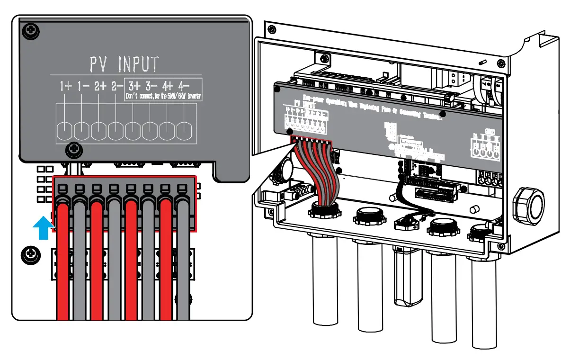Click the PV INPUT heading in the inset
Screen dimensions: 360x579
click(x=125, y=63)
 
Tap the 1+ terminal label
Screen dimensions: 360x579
click(x=65, y=86)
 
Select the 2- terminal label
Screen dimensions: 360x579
click(x=117, y=86)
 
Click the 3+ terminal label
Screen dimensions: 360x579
click(x=135, y=86)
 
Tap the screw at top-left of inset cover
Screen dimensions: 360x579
click(x=31, y=31)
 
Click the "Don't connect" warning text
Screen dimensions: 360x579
click(x=163, y=97)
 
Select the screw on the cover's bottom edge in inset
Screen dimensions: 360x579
click(x=72, y=150)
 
